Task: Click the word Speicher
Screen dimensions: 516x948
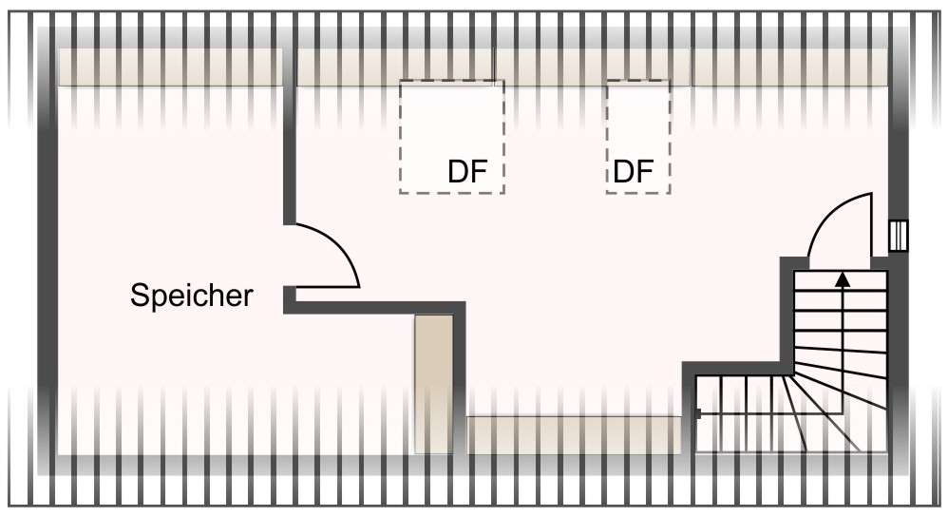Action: click(192, 296)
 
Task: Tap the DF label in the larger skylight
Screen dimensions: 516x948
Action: click(467, 172)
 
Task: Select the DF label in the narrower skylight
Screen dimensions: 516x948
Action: click(634, 172)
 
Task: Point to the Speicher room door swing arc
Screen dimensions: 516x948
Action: click(337, 245)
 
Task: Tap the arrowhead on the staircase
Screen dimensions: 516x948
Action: click(843, 279)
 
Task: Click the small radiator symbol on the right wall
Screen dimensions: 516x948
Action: click(899, 236)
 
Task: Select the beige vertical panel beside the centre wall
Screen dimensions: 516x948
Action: click(432, 380)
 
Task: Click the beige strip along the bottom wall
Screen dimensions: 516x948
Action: click(574, 433)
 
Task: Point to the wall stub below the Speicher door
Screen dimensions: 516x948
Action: click(290, 298)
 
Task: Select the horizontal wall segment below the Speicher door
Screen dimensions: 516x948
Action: click(380, 307)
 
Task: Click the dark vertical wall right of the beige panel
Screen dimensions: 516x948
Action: click(460, 380)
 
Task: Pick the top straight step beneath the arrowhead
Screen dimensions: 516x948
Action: click(842, 290)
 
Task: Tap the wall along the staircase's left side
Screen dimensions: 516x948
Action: click(787, 314)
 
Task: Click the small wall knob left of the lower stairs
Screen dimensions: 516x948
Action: click(698, 413)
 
